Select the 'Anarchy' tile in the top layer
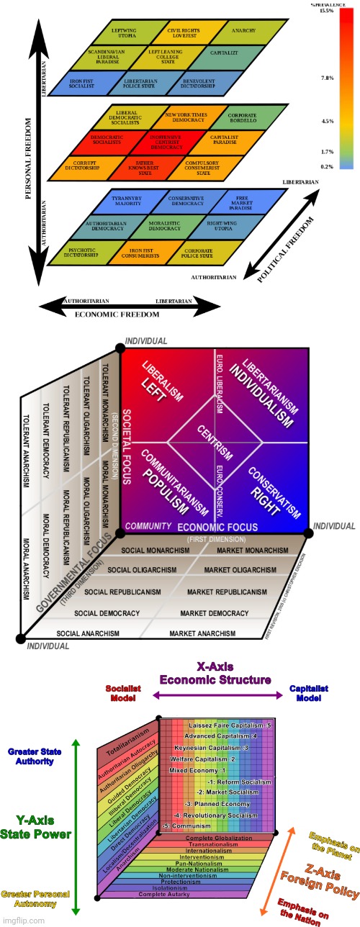239,32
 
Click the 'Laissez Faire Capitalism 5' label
230,725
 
